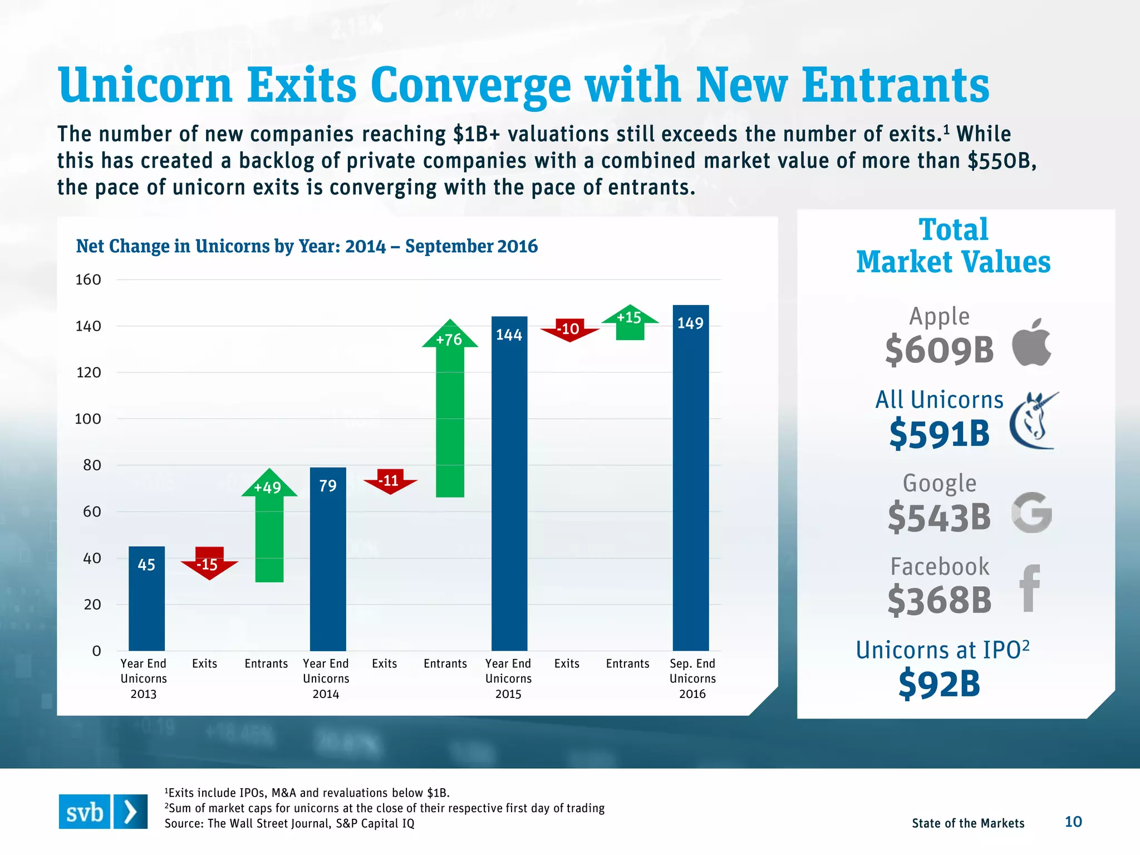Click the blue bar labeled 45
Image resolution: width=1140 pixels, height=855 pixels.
click(146, 598)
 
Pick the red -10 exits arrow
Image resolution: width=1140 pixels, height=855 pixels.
click(569, 330)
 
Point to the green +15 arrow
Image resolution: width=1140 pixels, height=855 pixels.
click(630, 322)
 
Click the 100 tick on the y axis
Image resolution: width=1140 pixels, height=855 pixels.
click(88, 419)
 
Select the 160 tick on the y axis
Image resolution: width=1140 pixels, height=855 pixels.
click(88, 279)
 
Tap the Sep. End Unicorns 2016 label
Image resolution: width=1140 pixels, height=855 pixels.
click(692, 679)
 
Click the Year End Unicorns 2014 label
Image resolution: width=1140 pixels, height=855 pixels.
click(326, 679)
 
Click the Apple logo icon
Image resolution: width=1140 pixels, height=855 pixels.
click(1031, 342)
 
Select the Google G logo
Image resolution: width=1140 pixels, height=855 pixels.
click(1031, 513)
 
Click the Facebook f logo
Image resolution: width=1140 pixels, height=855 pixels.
click(1030, 588)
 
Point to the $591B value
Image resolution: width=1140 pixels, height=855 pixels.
click(939, 435)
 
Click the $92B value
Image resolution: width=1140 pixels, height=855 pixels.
click(939, 684)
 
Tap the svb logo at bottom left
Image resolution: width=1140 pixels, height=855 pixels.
click(103, 812)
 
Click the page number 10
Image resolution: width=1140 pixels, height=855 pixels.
click(1073, 822)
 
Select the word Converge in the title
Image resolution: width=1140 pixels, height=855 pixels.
click(470, 86)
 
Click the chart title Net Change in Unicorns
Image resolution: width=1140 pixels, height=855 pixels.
click(307, 246)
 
